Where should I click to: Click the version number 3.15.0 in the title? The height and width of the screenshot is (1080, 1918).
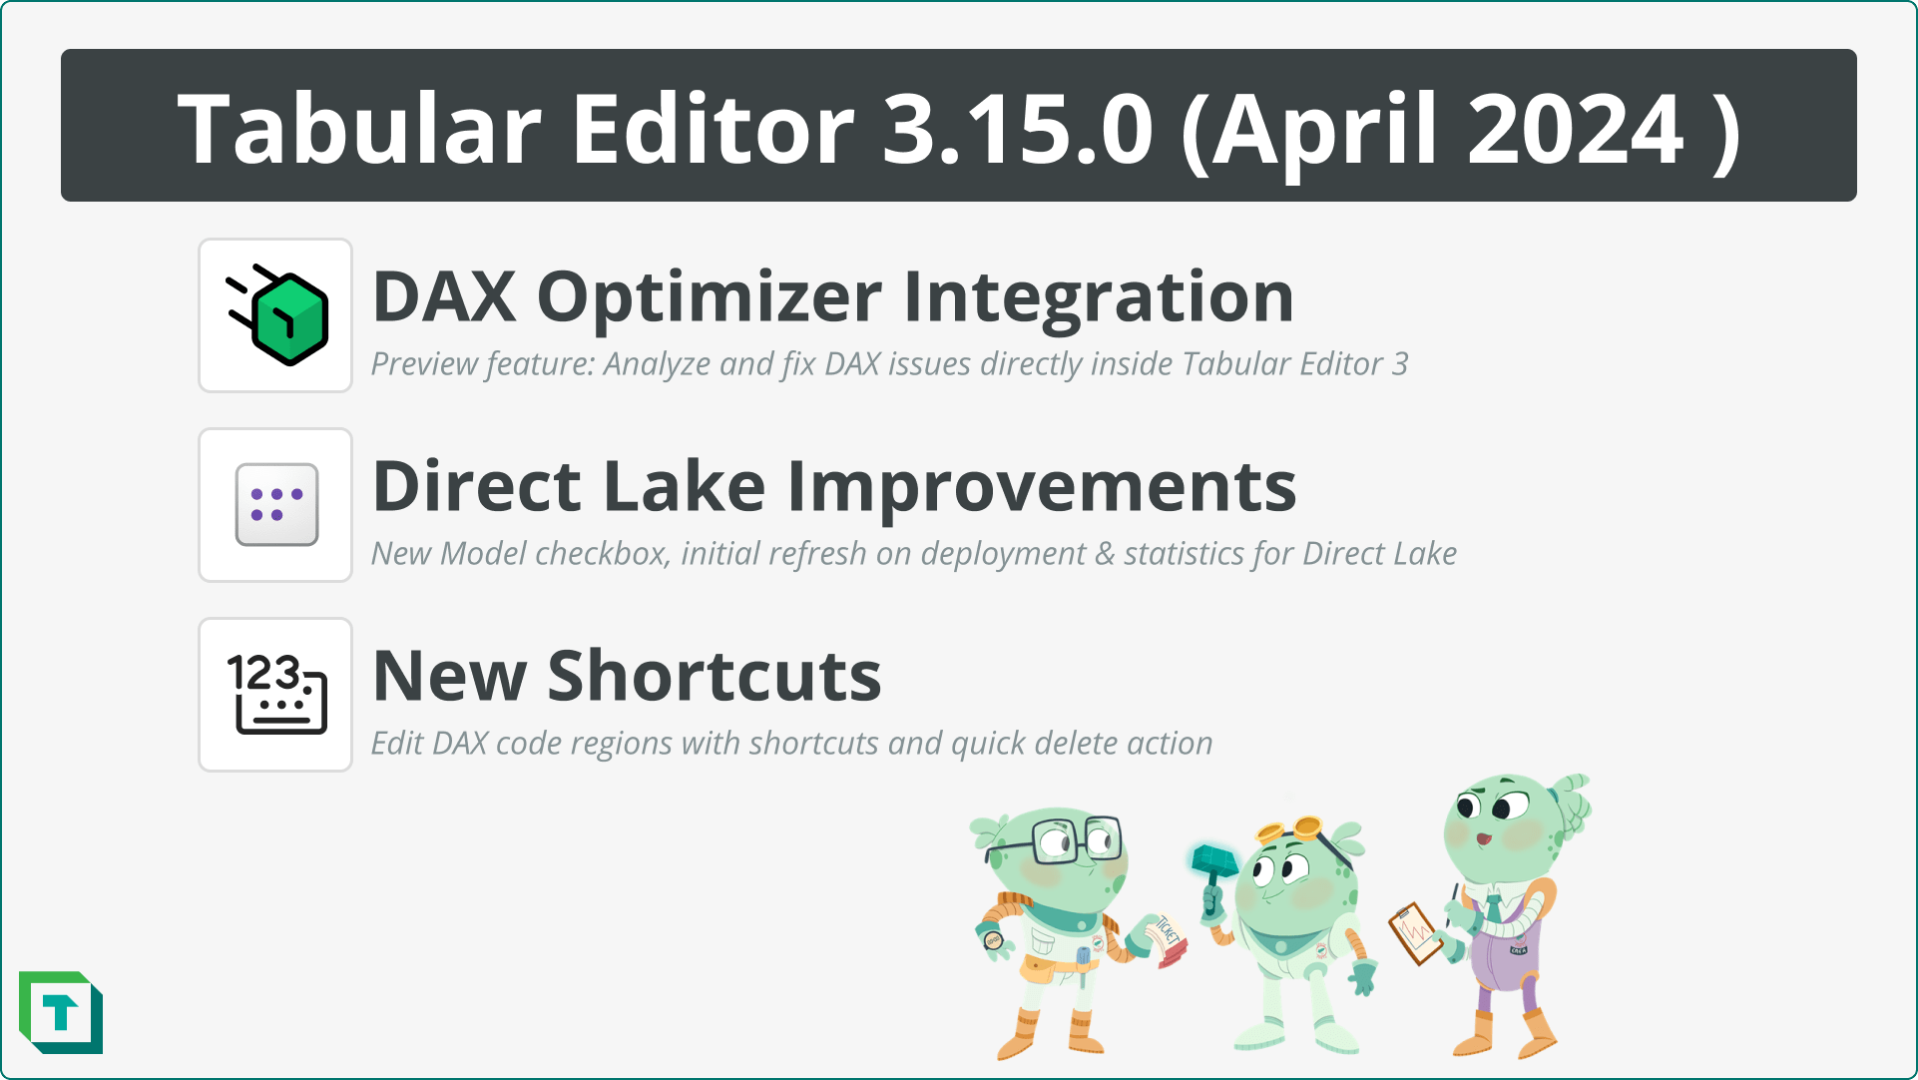1017,129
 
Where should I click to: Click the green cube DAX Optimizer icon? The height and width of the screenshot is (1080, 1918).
285,316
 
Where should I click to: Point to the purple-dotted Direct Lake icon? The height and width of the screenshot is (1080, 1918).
276,505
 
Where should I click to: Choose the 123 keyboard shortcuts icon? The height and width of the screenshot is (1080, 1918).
276,695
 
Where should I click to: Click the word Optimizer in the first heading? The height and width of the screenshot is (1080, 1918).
709,298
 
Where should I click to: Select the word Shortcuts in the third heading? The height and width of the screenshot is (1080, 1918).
715,677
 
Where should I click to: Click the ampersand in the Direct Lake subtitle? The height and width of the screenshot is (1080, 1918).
1104,554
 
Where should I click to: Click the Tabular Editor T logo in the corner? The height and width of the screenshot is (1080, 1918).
61,1013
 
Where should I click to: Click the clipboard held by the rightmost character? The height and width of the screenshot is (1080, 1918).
1415,932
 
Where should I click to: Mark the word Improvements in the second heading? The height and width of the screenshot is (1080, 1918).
1042,487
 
